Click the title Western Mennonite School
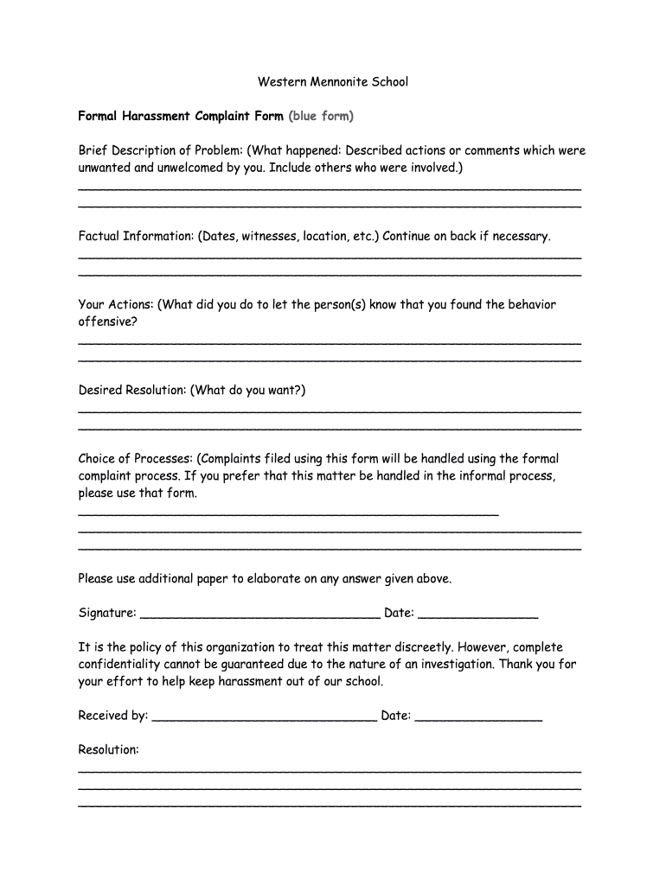pyautogui.click(x=333, y=82)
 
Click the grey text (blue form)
pyautogui.click(x=321, y=116)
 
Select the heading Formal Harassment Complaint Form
pyautogui.click(x=181, y=116)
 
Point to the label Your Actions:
pyautogui.click(x=116, y=304)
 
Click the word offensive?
pyautogui.click(x=107, y=322)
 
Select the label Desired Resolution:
pyautogui.click(x=132, y=390)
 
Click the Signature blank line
pyautogui.click(x=259, y=616)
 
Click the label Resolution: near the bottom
pyautogui.click(x=108, y=750)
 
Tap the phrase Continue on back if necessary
pyautogui.click(x=466, y=236)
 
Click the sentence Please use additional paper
pyautogui.click(x=265, y=579)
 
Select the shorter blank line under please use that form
pyautogui.click(x=288, y=513)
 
